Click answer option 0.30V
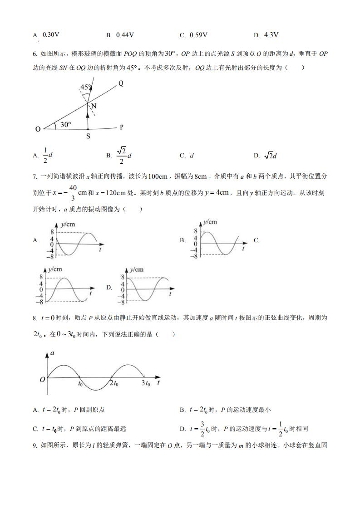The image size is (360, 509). coord(51,34)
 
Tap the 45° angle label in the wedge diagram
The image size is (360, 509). coord(86,87)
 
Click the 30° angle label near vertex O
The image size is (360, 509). coord(66,124)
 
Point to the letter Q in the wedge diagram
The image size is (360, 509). coord(121,83)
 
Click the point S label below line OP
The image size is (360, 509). coord(88,136)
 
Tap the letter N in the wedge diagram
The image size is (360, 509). coord(94,106)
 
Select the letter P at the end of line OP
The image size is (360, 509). coord(122,127)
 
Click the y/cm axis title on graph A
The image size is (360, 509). coord(69,224)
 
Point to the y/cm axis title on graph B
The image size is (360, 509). coord(210,222)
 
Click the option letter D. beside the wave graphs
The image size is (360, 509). coord(109,287)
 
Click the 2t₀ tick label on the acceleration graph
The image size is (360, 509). coord(114,384)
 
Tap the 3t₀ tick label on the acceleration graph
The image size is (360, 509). coord(145,384)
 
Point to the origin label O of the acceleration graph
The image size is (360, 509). coord(42,379)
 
